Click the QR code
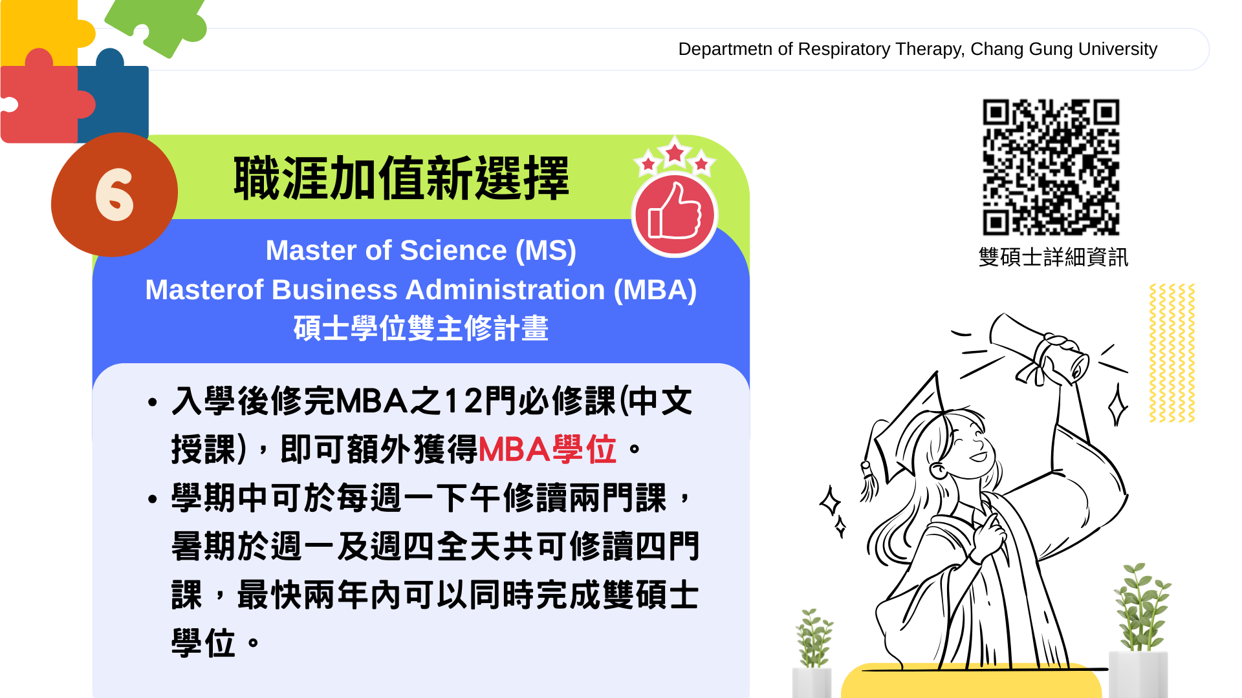[x=1051, y=167]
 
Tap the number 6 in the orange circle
[x=114, y=195]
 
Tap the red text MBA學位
[x=547, y=449]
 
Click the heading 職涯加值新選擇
[x=401, y=178]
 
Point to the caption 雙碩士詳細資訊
[x=1053, y=257]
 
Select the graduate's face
[x=964, y=446]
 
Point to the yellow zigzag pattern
[x=1171, y=353]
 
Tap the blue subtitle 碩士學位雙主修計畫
[x=421, y=328]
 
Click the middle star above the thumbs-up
[x=675, y=153]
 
